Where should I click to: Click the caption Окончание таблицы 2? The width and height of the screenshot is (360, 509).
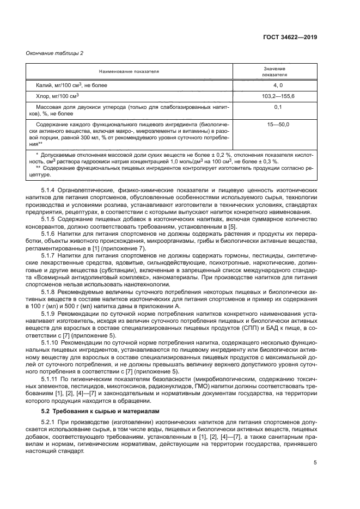(55, 53)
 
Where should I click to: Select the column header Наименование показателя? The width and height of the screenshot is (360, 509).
(129, 71)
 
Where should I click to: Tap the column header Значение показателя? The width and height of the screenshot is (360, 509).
(275, 71)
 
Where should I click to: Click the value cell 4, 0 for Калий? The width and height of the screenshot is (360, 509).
(275, 85)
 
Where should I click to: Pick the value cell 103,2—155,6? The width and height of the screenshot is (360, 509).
(275, 96)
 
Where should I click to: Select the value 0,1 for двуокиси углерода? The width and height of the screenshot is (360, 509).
(275, 108)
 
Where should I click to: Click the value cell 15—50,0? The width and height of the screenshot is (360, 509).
(275, 125)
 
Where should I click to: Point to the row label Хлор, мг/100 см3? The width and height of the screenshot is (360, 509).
(56, 96)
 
